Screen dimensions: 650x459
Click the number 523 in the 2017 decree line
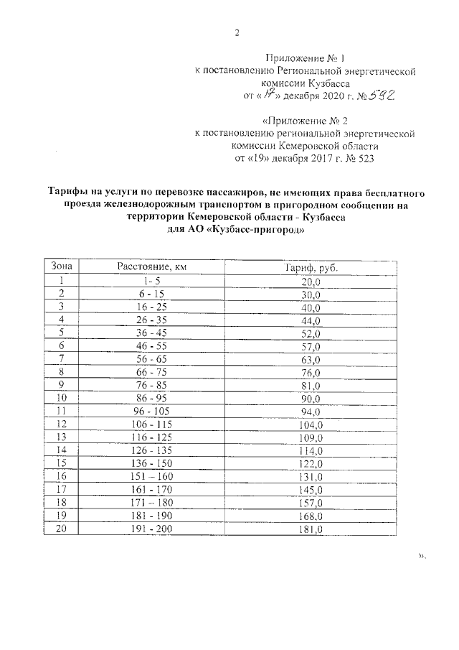point(362,157)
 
